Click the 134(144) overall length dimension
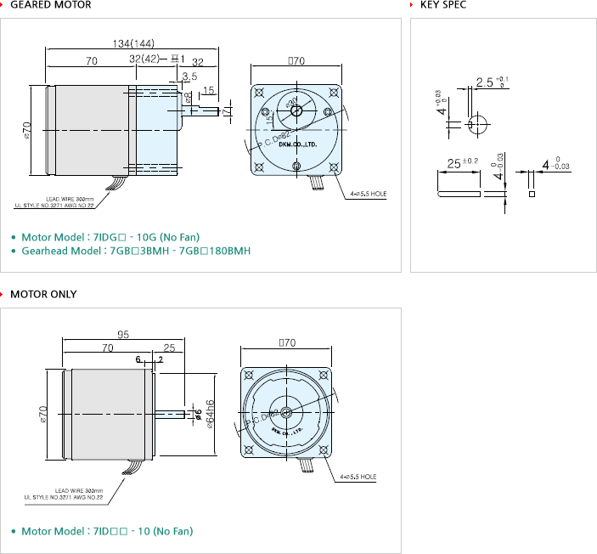coord(132,43)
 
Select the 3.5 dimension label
coord(189,76)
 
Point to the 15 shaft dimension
coord(208,90)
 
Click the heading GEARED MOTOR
coord(50,5)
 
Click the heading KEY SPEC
coord(443,5)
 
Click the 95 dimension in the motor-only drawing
coord(123,335)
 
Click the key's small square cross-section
coord(532,194)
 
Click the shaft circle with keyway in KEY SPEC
coord(478,123)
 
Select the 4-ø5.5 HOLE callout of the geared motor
coord(369,194)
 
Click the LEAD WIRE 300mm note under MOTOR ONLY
coord(79,490)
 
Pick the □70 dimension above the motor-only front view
coord(286,343)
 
